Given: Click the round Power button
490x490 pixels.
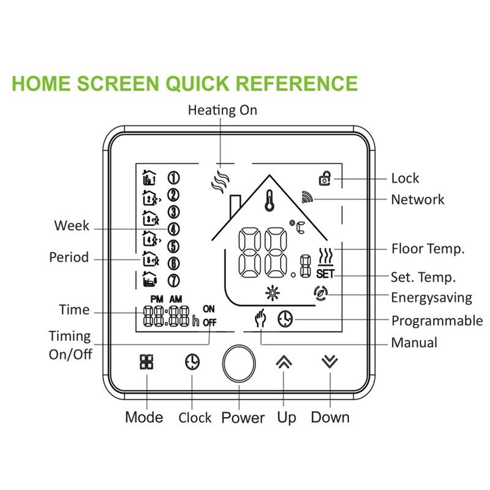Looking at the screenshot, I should click(238, 366).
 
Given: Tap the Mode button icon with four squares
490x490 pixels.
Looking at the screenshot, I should click(147, 363).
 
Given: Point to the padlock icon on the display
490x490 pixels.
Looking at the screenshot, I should click(325, 178).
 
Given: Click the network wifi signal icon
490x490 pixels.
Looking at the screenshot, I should click(307, 197).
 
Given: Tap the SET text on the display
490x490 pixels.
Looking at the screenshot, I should click(326, 274).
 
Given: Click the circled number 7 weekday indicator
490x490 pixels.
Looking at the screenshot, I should click(173, 281).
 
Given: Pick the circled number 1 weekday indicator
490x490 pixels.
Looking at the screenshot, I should click(173, 178).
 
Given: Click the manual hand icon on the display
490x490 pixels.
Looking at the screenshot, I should click(261, 319).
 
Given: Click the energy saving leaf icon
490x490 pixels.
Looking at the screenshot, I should click(319, 293).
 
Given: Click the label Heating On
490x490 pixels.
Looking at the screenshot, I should click(222, 110).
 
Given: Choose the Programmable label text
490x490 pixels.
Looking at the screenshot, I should click(437, 320).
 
